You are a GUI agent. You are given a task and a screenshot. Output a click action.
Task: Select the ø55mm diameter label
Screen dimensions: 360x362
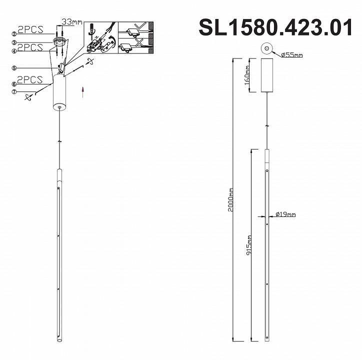pyautogui.click(x=291, y=55)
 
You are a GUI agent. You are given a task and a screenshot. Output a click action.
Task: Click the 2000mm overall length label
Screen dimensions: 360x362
pyautogui.click(x=230, y=200)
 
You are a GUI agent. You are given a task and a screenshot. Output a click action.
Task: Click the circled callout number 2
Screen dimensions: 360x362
pyautogui.click(x=15, y=33)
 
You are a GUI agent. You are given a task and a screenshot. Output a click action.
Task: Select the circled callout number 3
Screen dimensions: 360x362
pyautogui.click(x=15, y=43)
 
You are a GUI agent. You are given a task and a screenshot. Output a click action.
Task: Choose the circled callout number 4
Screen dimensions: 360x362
pyautogui.click(x=15, y=50)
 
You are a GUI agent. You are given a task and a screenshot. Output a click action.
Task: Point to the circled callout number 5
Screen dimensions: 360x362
pyautogui.click(x=15, y=68)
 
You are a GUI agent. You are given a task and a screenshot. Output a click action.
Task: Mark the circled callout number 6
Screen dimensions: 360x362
pyautogui.click(x=15, y=84)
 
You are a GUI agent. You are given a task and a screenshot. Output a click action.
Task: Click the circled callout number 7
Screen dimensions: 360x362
pyautogui.click(x=15, y=91)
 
